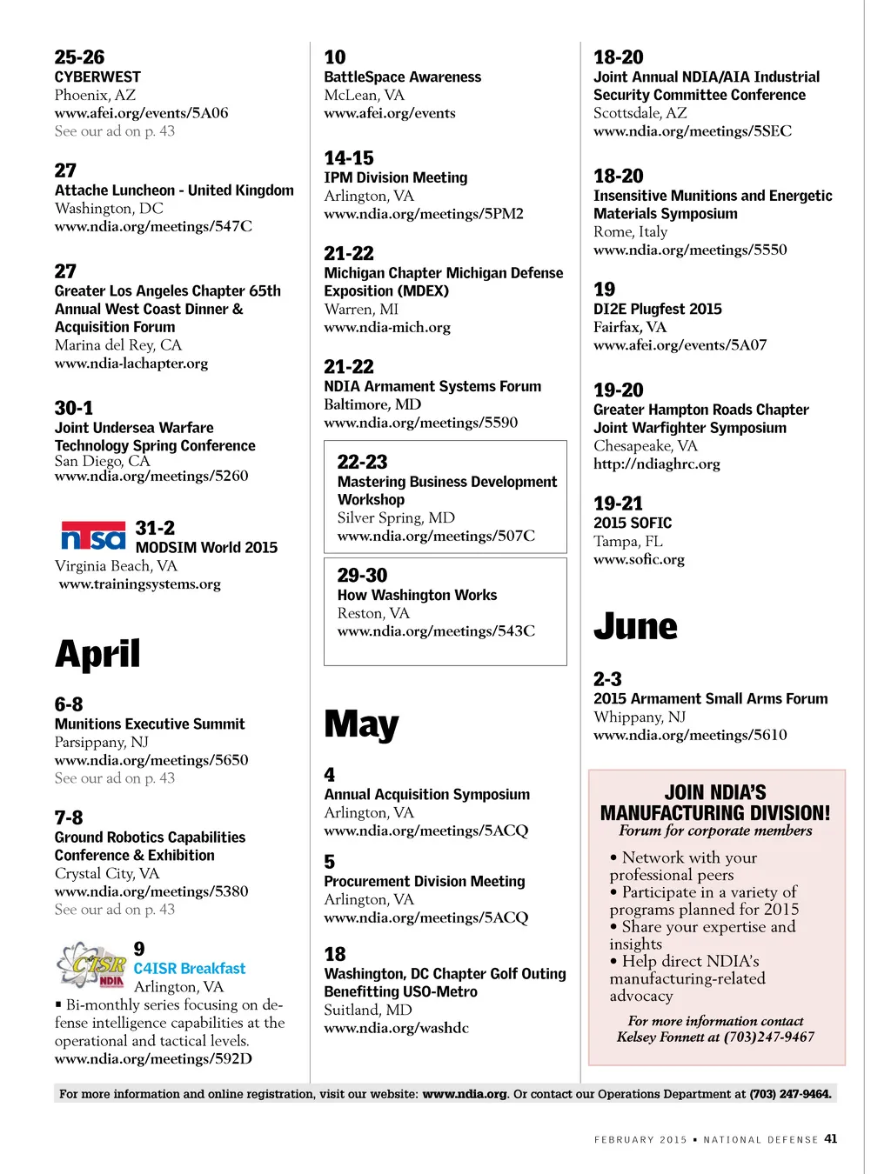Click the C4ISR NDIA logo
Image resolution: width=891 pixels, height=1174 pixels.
[x=91, y=964]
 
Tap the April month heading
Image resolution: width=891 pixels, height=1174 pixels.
[x=97, y=654]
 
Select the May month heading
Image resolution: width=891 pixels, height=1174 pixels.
[x=361, y=724]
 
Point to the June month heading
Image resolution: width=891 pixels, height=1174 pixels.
[x=635, y=626]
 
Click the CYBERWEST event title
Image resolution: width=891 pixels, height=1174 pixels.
[x=97, y=77]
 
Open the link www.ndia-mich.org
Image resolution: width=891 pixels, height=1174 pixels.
[x=387, y=327]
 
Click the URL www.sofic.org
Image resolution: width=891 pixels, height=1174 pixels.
[x=639, y=559]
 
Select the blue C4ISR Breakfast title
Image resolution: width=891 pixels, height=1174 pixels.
[x=190, y=968]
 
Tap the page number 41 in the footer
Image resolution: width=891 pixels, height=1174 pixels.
[x=831, y=1138]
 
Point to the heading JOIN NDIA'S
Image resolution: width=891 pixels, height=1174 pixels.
[x=715, y=792]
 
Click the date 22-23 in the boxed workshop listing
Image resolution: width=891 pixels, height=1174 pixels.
[x=362, y=462]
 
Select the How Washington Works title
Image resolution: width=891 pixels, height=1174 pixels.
[x=417, y=595]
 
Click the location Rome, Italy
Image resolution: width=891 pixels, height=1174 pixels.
[x=630, y=231]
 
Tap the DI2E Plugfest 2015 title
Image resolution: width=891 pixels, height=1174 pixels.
[x=657, y=309]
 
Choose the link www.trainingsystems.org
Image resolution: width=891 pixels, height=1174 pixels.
[x=140, y=584]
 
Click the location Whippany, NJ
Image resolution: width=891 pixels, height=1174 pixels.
[x=640, y=717]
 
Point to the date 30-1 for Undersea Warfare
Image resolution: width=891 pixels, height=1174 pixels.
[x=73, y=408]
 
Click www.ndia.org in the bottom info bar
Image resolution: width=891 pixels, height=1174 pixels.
[x=465, y=1094]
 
